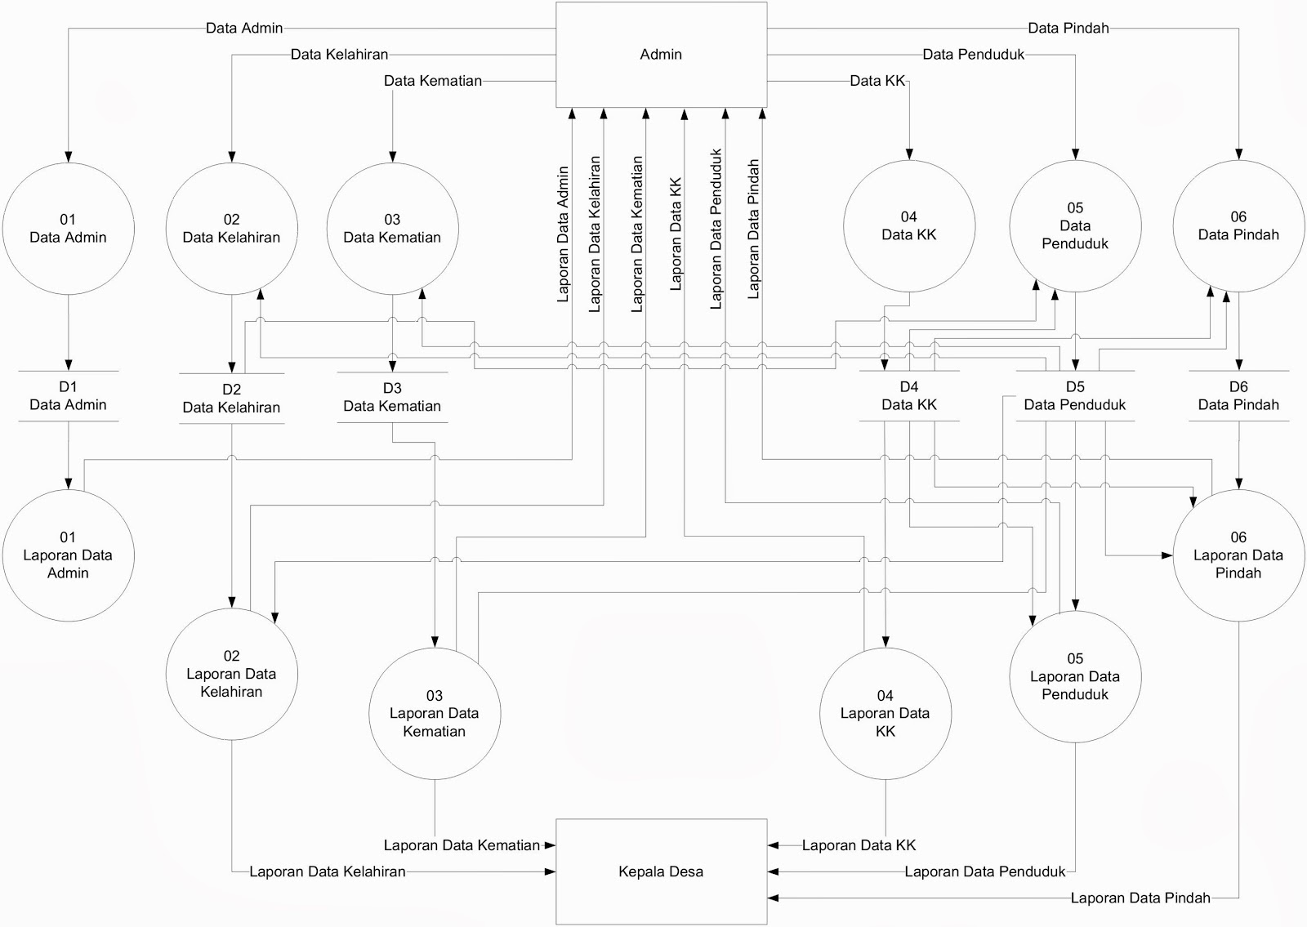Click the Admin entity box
pyautogui.click(x=661, y=54)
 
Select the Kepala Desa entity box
pyautogui.click(x=661, y=871)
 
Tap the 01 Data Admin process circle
pyautogui.click(x=68, y=228)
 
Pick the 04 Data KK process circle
pyautogui.click(x=908, y=225)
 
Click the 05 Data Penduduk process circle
pyautogui.click(x=1075, y=225)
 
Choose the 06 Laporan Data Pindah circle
pyautogui.click(x=1238, y=555)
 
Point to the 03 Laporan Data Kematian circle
pyautogui.click(x=434, y=713)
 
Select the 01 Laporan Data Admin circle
pyautogui.click(x=68, y=555)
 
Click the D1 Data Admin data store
pyautogui.click(x=68, y=396)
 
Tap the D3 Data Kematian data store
pyautogui.click(x=392, y=397)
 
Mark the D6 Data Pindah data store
pyautogui.click(x=1238, y=396)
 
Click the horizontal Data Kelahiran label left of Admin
pyautogui.click(x=339, y=55)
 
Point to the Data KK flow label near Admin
pyautogui.click(x=877, y=81)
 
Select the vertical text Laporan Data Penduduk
pyautogui.click(x=716, y=229)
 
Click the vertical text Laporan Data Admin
pyautogui.click(x=563, y=234)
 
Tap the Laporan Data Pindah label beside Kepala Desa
pyautogui.click(x=1140, y=898)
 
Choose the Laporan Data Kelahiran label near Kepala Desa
pyautogui.click(x=327, y=871)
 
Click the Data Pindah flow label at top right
pyautogui.click(x=1068, y=29)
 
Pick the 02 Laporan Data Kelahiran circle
pyautogui.click(x=231, y=674)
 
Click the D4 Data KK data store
pyautogui.click(x=908, y=396)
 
